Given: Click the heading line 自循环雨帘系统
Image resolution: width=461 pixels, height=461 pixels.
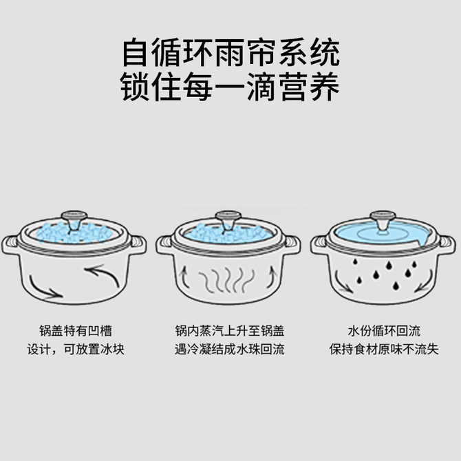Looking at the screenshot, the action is (231, 53).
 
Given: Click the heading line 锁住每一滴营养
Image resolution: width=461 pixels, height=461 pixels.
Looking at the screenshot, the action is (230, 87).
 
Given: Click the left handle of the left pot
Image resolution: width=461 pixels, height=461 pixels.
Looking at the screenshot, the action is (10, 245).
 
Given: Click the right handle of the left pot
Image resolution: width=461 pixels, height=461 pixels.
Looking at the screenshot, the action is (138, 245).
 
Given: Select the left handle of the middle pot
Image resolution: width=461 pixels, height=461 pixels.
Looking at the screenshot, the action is (164, 245).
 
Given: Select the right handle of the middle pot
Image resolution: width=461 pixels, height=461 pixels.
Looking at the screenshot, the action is (292, 245).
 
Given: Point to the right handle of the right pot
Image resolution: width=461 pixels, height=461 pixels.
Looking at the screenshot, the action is (447, 245).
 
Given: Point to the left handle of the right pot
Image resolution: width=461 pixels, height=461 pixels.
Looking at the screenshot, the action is (319, 245).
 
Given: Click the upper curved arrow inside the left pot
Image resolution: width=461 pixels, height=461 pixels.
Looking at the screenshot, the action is (103, 274).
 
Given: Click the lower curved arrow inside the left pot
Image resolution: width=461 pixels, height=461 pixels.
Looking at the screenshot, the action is (44, 288).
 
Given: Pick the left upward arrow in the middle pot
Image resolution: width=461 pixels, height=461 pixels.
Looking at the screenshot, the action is (184, 277).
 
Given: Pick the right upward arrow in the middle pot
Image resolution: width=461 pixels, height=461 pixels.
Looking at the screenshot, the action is (272, 277).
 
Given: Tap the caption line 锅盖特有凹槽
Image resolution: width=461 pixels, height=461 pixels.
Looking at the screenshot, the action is (76, 331).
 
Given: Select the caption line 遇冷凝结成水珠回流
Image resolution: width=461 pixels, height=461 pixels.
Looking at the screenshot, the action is (230, 350).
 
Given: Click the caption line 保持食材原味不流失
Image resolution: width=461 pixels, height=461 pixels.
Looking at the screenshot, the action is (384, 350).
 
